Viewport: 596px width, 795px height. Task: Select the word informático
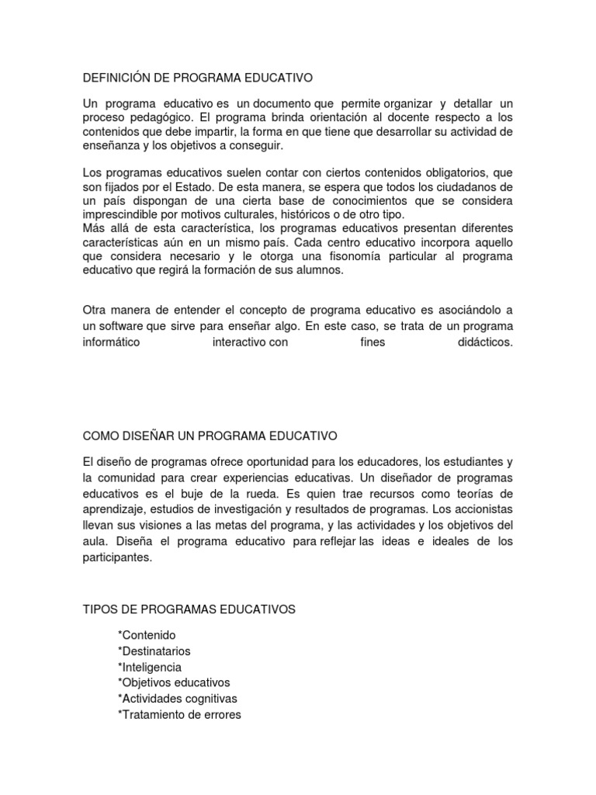point(112,342)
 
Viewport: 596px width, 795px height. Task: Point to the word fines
point(362,342)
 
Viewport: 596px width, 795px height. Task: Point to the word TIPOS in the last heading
point(99,610)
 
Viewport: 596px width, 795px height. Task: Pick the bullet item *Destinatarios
point(154,651)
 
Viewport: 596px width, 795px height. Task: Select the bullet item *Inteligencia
point(150,667)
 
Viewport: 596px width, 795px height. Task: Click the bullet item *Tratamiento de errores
point(179,714)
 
